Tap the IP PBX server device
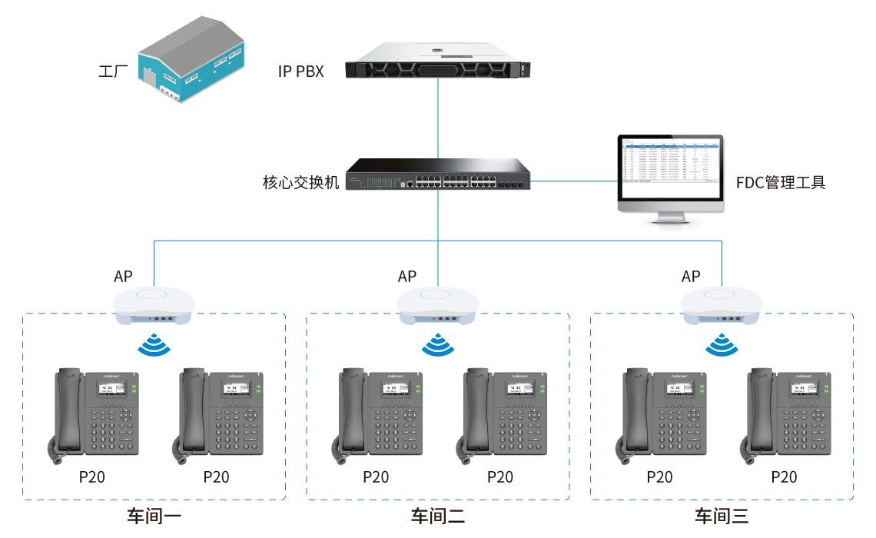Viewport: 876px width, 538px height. [x=438, y=61]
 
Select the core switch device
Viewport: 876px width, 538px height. [x=437, y=175]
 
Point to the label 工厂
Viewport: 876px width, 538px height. [x=113, y=72]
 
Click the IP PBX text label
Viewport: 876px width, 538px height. [x=301, y=72]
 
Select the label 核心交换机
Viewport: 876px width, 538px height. [x=300, y=183]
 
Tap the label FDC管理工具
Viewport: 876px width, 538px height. [x=780, y=183]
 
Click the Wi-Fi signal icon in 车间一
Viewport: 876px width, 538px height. [x=154, y=345]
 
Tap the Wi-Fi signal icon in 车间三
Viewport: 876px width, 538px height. [x=722, y=345]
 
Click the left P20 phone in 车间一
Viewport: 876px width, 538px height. [x=93, y=415]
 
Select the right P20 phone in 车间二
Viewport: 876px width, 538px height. [x=500, y=415]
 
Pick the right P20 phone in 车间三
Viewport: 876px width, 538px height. [x=784, y=415]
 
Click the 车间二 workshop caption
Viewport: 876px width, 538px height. [x=437, y=516]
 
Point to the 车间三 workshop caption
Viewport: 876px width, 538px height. [x=722, y=516]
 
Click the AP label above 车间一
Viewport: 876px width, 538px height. [x=123, y=277]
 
